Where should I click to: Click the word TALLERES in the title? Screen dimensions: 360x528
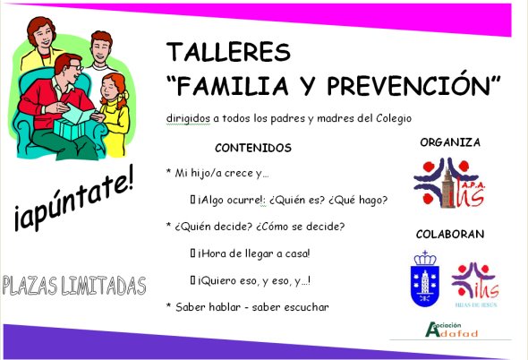pos(215,51)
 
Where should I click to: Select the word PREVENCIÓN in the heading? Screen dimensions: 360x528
pos(413,86)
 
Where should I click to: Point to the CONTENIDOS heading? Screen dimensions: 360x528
pos(253,148)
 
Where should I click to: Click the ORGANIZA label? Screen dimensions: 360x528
pos(450,141)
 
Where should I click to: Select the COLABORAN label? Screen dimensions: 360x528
pos(450,235)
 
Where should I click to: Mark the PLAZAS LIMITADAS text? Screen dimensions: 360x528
pos(74,286)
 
